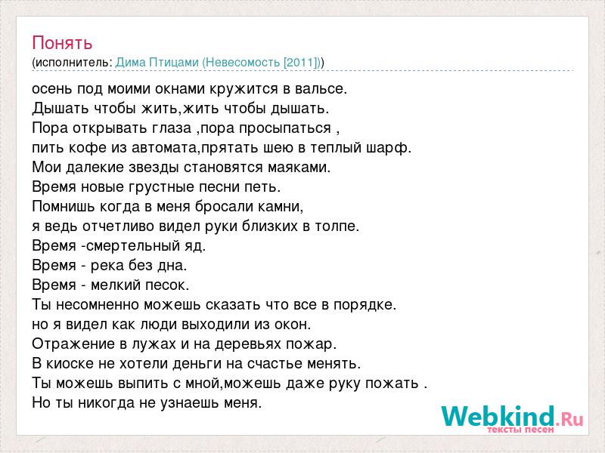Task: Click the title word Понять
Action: click(x=62, y=43)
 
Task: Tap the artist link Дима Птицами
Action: click(x=157, y=63)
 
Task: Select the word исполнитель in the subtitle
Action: click(x=73, y=63)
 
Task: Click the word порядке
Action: click(x=365, y=305)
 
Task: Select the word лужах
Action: click(x=154, y=344)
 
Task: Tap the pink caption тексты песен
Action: click(x=520, y=430)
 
